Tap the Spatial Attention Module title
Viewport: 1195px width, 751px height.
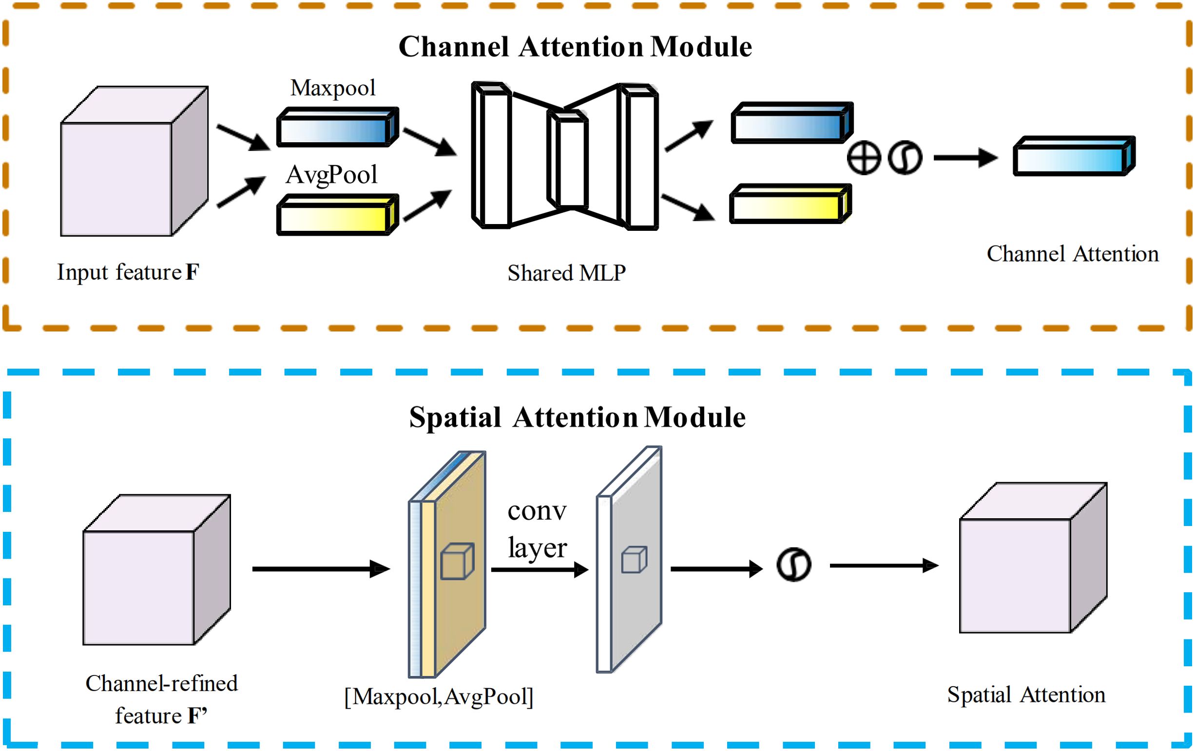[577, 417]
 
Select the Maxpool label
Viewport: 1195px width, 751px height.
[332, 88]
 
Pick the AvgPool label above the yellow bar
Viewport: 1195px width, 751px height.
[331, 175]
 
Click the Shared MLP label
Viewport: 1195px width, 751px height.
[566, 273]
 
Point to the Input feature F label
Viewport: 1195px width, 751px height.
[128, 272]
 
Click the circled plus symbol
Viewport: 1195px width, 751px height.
[864, 158]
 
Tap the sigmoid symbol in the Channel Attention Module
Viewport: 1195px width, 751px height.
[905, 158]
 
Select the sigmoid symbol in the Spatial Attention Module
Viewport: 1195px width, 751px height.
[793, 564]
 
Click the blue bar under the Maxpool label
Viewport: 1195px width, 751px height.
[337, 128]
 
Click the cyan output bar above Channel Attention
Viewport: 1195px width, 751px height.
[1074, 156]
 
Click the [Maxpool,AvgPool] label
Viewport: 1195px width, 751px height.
[439, 696]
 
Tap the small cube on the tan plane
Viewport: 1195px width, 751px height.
[457, 561]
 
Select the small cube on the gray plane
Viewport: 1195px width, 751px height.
[634, 560]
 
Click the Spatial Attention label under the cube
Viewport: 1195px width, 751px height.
[1026, 695]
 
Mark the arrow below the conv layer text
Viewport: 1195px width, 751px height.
[540, 569]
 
